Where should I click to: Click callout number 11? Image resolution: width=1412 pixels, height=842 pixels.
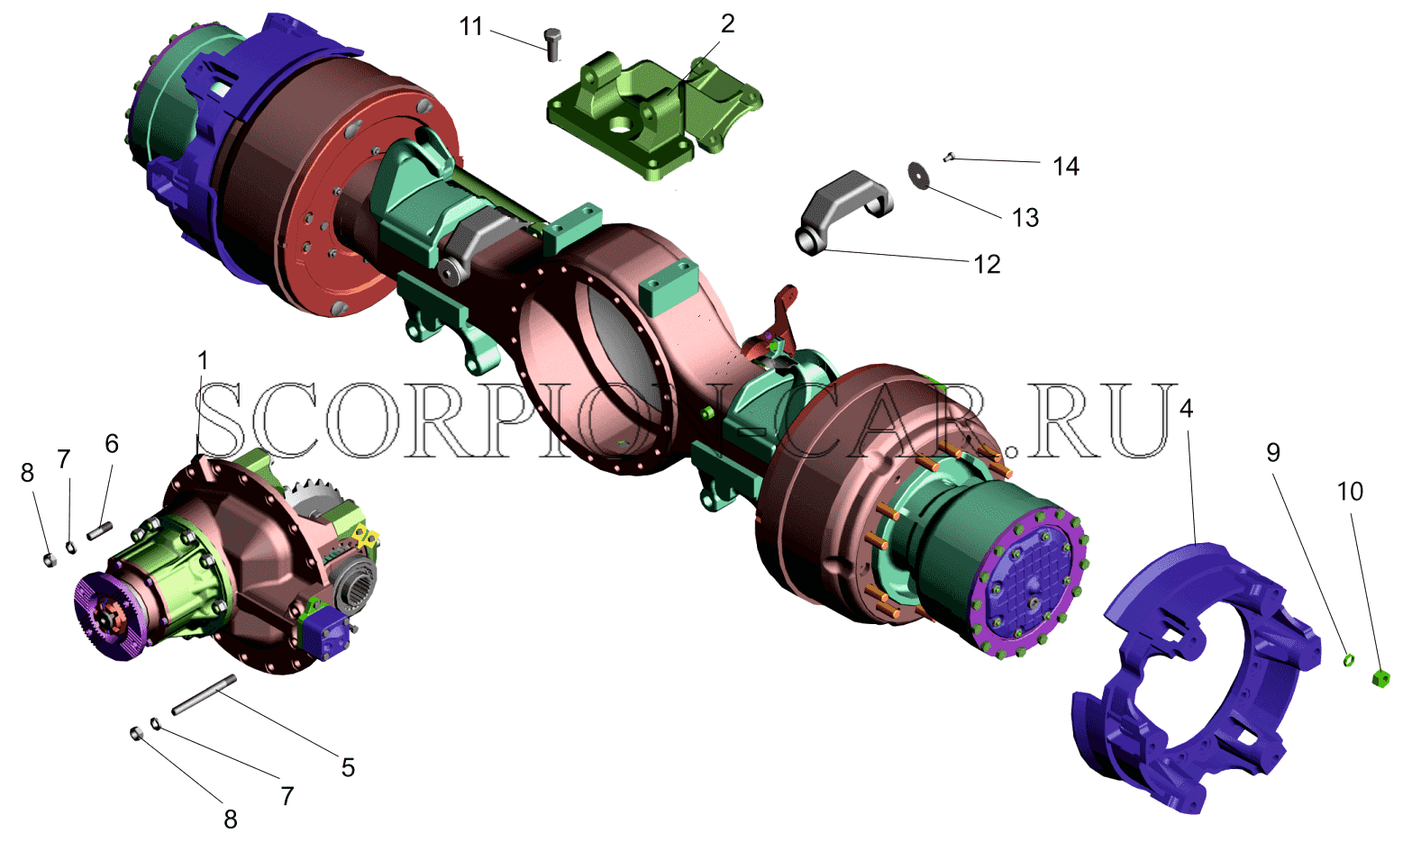coord(471,26)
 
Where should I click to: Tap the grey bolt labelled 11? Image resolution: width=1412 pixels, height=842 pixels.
coord(553,45)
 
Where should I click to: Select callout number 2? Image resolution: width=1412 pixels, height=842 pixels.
coord(727,24)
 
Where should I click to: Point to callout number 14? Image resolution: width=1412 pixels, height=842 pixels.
coord(1066,167)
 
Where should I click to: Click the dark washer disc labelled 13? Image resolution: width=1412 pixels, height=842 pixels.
coord(920,175)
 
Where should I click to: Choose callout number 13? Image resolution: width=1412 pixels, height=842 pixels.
coord(1025,218)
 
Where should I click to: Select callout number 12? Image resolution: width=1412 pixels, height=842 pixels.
coord(988,265)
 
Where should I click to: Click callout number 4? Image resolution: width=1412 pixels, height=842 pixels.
coord(1186,410)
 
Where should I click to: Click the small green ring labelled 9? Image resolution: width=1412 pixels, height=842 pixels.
coord(1347,660)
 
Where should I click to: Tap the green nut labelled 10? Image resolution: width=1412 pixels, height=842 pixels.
coord(1380,679)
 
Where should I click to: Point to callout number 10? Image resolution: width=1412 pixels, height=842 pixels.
coord(1350,491)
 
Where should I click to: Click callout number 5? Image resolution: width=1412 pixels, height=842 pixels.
coord(348,767)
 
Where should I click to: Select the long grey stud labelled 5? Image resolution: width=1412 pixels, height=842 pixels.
coord(204,694)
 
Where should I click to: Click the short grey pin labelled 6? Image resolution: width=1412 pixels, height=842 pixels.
coord(100,531)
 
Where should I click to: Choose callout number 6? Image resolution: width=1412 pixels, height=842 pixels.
coord(112,444)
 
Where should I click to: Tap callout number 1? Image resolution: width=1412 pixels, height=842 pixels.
coord(203,361)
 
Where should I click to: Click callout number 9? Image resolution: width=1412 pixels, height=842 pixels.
coord(1273,452)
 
